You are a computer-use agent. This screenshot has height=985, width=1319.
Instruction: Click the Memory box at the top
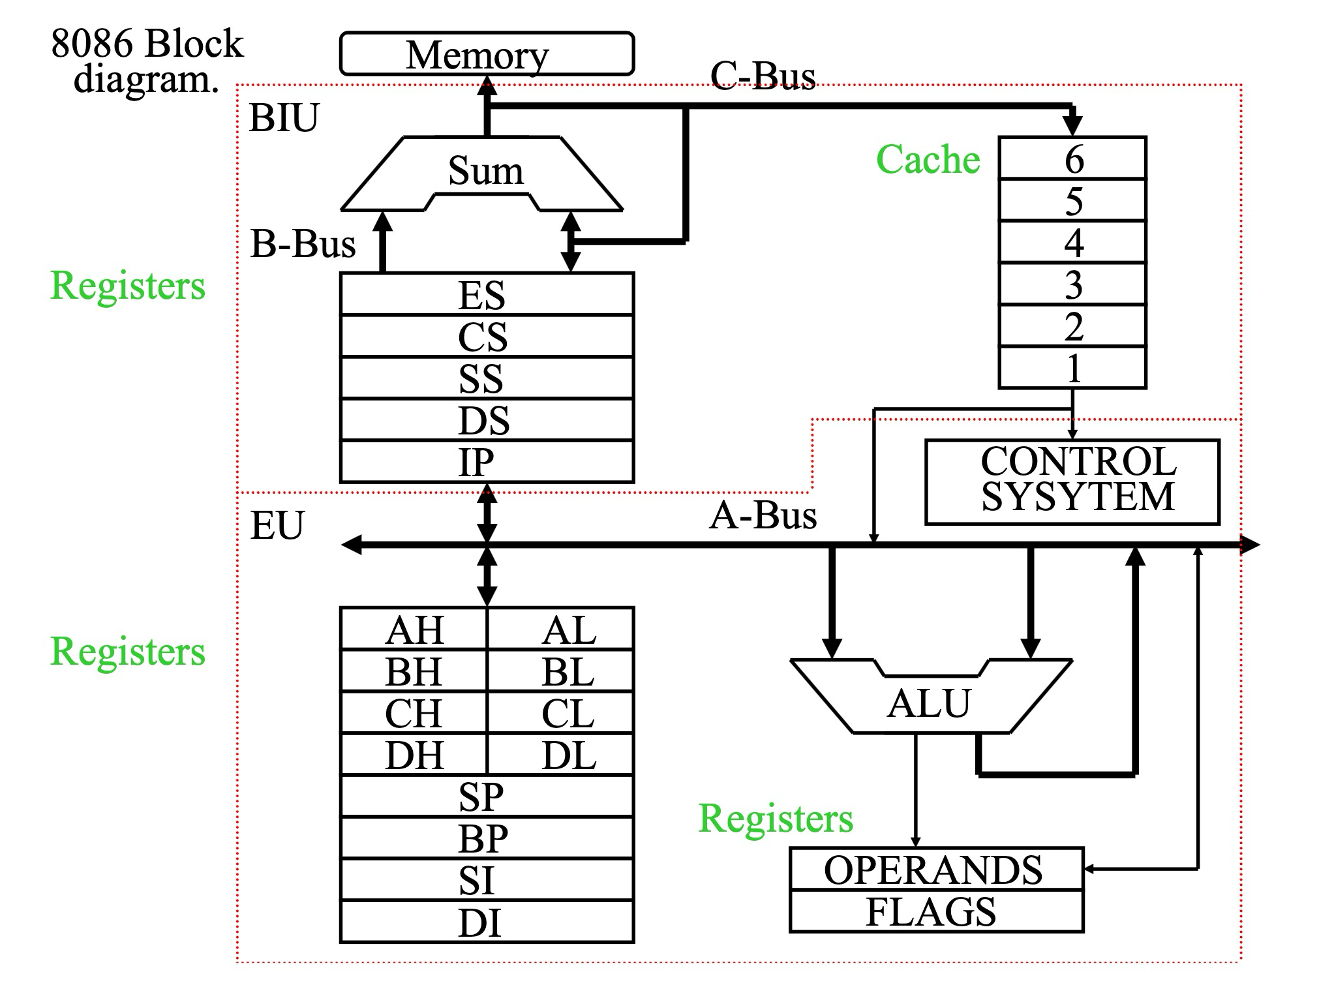[487, 54]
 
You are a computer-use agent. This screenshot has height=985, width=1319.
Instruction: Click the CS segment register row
[487, 337]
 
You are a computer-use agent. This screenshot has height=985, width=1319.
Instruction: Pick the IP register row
[487, 462]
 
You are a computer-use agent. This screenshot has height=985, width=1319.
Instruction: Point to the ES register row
[487, 294]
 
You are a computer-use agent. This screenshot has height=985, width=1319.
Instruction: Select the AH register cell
[414, 629]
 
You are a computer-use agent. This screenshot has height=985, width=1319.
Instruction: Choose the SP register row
[487, 796]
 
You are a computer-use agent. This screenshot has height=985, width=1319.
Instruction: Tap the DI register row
[487, 922]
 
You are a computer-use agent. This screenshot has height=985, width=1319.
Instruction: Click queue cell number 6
[1073, 159]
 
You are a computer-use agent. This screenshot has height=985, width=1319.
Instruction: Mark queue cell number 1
[1073, 368]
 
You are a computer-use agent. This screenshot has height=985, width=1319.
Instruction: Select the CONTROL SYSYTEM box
[1072, 481]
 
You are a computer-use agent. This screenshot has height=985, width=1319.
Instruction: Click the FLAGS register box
[936, 911]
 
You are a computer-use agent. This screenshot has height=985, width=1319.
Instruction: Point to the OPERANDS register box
[936, 869]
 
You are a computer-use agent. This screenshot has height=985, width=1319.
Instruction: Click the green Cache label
[928, 159]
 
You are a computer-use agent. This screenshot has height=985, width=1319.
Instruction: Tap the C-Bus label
[763, 75]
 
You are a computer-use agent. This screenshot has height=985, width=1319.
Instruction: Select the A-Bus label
[763, 515]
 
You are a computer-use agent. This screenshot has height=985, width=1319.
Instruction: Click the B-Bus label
[303, 244]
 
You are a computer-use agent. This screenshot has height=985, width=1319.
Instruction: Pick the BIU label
[284, 118]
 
